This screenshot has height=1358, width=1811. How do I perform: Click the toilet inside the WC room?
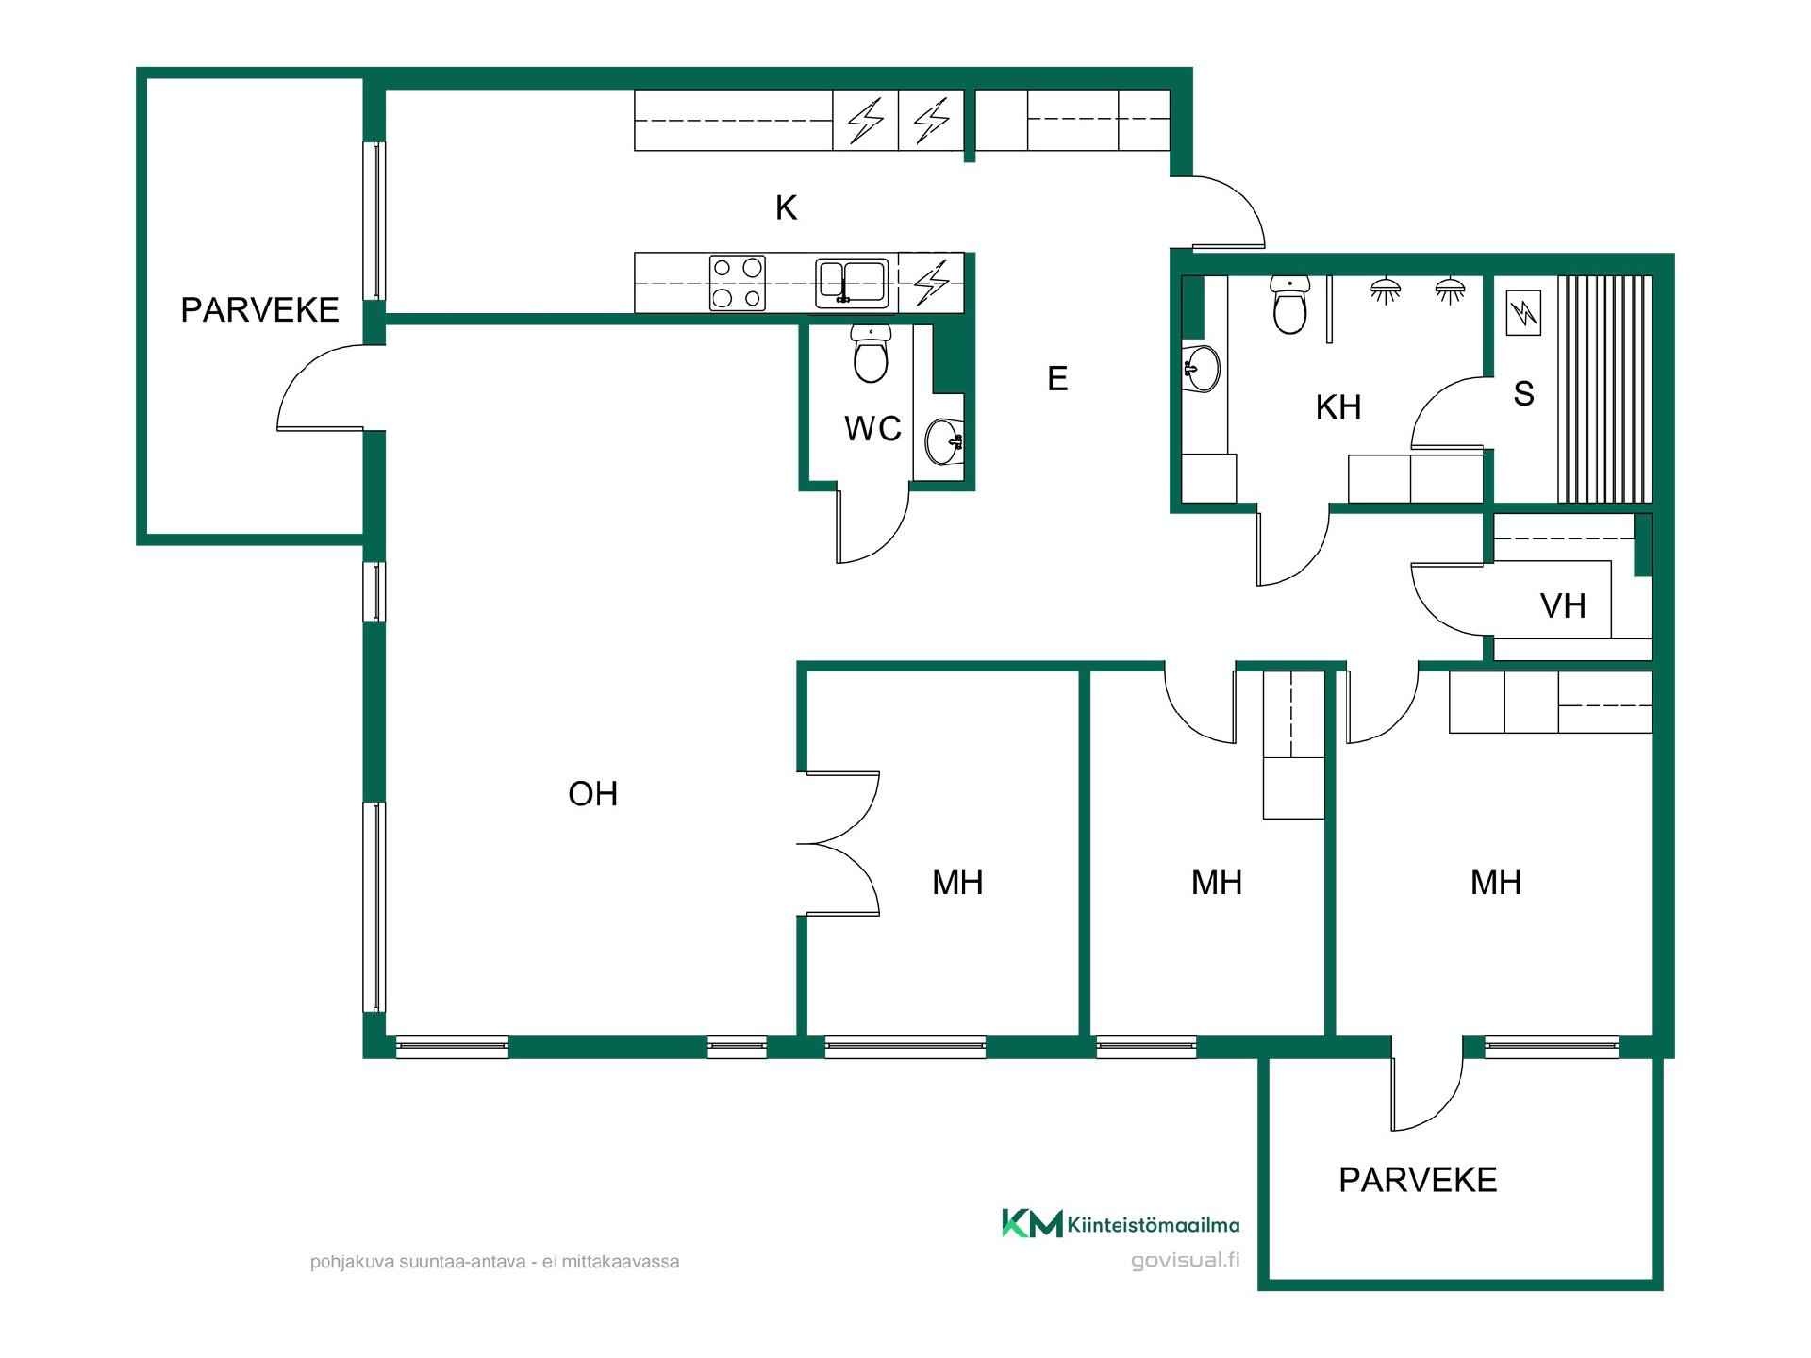click(x=870, y=354)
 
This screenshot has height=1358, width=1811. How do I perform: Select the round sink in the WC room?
click(x=944, y=441)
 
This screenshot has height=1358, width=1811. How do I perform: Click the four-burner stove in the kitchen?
click(x=737, y=283)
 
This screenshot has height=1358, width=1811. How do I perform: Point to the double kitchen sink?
click(x=852, y=283)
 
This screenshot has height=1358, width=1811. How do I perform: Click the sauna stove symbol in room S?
click(x=1523, y=312)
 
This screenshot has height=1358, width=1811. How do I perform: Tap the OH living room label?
click(x=592, y=794)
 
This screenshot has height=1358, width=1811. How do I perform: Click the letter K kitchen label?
click(x=786, y=207)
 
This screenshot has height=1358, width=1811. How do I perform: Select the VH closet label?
click(x=1563, y=605)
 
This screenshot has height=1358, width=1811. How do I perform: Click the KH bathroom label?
click(x=1338, y=407)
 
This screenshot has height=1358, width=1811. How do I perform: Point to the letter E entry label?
click(x=1057, y=379)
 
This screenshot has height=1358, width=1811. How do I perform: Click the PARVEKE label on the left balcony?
click(x=259, y=310)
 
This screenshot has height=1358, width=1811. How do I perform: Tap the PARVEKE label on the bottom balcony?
click(x=1418, y=1180)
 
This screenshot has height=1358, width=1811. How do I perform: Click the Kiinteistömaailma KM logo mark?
click(x=1032, y=1223)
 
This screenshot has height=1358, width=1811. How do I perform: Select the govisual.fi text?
click(x=1186, y=1261)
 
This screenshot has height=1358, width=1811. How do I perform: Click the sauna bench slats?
click(x=1604, y=389)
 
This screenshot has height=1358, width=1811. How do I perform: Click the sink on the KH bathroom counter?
click(x=1201, y=368)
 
